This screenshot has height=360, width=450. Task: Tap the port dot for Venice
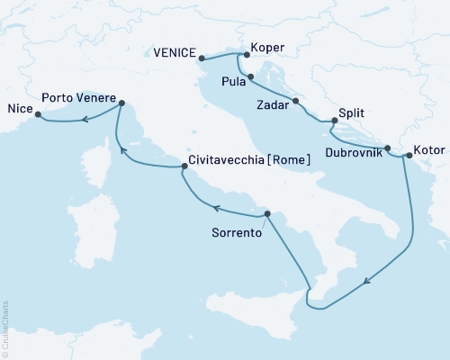(202, 58)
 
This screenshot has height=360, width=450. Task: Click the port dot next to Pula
(250, 76)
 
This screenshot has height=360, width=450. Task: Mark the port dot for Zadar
(295, 101)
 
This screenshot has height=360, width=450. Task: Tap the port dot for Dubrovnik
(388, 148)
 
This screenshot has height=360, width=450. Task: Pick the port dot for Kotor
(408, 156)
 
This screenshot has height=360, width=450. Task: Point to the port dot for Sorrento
(267, 213)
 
